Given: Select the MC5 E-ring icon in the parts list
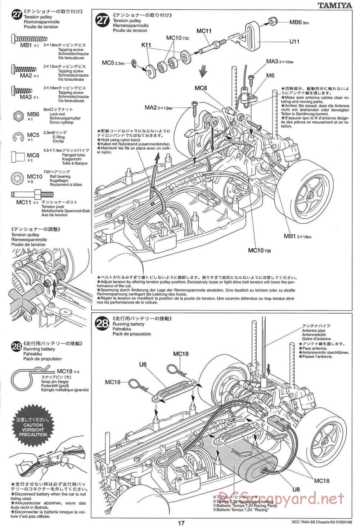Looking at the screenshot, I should (18, 137).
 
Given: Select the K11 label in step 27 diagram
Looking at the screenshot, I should (146, 45).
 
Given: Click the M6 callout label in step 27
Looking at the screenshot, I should (270, 76).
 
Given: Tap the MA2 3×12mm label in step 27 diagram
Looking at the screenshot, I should (158, 107).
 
